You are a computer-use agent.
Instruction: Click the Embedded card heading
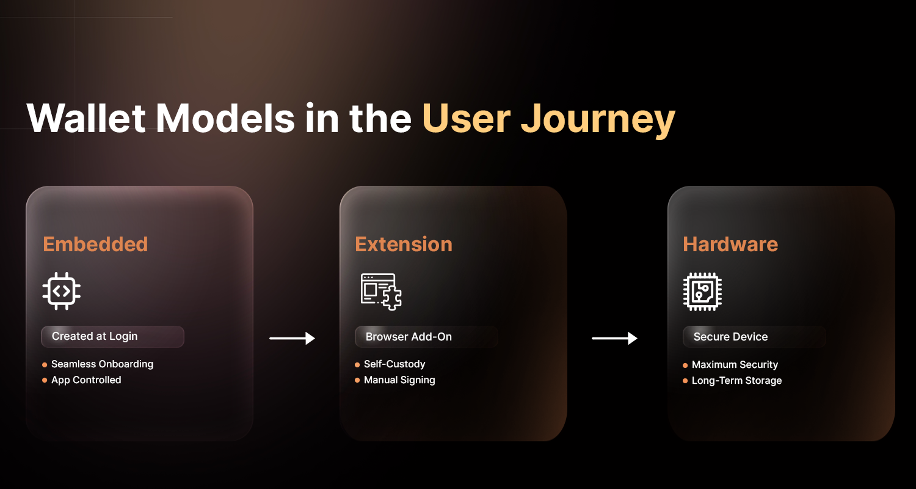(x=95, y=244)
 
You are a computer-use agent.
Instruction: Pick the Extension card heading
(x=404, y=244)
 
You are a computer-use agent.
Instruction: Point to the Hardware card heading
(x=730, y=244)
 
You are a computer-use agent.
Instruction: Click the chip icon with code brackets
(x=62, y=292)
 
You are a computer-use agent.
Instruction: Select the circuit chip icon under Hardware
(x=702, y=292)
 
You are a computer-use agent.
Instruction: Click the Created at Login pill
(x=112, y=336)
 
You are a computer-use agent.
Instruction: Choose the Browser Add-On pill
(x=426, y=337)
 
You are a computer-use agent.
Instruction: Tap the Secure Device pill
(x=754, y=337)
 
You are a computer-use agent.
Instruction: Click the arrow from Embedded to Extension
(x=292, y=338)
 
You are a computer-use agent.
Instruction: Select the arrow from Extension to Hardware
(x=614, y=338)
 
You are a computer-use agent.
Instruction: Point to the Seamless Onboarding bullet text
(x=102, y=364)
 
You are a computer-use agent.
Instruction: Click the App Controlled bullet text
(x=86, y=380)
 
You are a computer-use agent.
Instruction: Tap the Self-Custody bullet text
(x=394, y=364)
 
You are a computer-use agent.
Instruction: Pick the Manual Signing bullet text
(x=399, y=380)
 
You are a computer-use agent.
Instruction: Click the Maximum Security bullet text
(x=735, y=364)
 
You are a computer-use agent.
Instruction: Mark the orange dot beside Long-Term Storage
(x=685, y=381)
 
